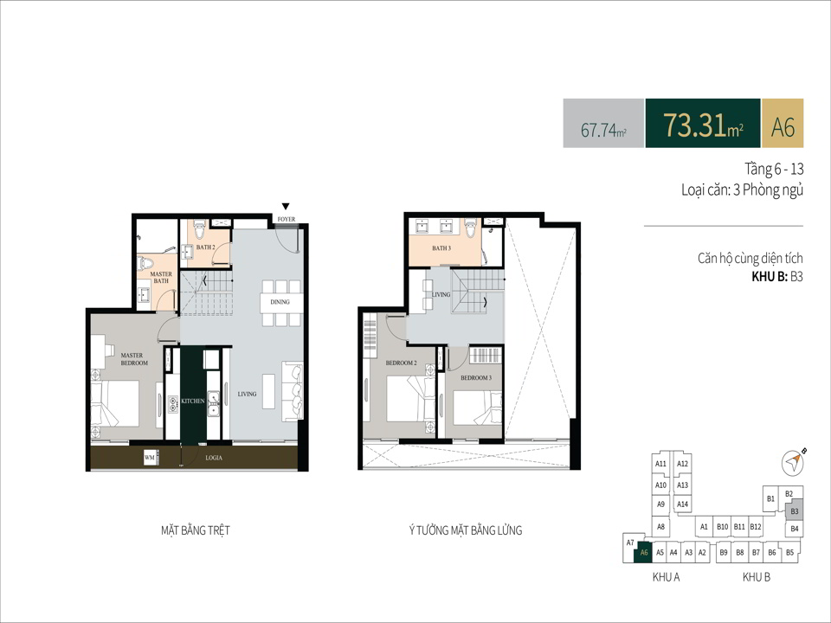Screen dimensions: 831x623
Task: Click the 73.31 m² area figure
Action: click(703, 125)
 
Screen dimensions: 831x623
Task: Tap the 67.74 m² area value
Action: click(603, 129)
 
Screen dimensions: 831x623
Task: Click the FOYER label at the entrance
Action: click(287, 219)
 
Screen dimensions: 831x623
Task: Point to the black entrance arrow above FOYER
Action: click(286, 206)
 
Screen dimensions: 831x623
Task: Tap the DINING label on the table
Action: click(280, 302)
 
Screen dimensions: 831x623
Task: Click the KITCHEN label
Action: click(193, 401)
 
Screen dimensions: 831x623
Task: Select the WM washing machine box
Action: click(150, 458)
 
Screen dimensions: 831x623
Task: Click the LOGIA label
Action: click(214, 458)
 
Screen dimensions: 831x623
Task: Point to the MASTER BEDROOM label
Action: click(133, 359)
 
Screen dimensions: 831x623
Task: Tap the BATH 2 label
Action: click(206, 247)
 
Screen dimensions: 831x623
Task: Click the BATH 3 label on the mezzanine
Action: click(441, 248)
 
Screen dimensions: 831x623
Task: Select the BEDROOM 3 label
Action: click(476, 378)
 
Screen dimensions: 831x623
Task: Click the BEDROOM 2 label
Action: click(401, 363)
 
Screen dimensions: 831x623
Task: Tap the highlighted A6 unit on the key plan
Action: click(643, 553)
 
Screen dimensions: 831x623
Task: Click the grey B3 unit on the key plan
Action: click(794, 511)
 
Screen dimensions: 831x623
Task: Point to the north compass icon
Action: click(794, 462)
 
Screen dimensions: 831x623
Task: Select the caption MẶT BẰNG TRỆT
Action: click(196, 530)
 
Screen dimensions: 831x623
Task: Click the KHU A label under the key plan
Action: click(666, 577)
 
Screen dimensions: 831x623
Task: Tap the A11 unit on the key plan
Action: click(660, 464)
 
